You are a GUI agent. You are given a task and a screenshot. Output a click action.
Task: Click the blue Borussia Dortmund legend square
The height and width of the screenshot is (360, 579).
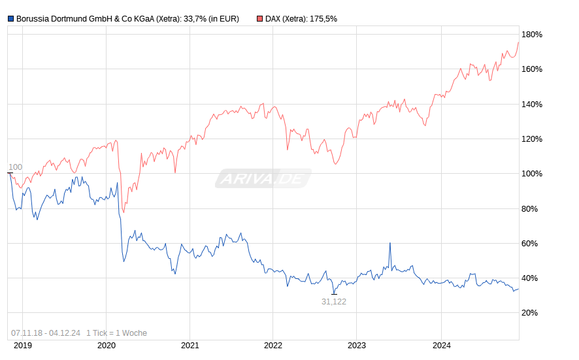pyautogui.click(x=10, y=19)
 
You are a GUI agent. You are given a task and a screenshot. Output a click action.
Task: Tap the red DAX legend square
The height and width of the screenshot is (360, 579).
pyautogui.click(x=259, y=19)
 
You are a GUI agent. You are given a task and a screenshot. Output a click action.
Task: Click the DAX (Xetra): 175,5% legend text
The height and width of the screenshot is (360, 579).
pyautogui.click(x=301, y=19)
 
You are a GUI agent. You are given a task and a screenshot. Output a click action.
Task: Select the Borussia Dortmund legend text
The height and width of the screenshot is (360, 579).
pyautogui.click(x=127, y=19)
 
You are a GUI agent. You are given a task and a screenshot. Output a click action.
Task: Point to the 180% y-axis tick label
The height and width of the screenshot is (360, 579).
pyautogui.click(x=531, y=35)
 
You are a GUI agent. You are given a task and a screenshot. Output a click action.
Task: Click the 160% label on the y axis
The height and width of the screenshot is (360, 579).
pyautogui.click(x=531, y=69)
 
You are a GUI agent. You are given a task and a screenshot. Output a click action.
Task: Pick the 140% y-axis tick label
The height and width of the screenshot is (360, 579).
pyautogui.click(x=531, y=105)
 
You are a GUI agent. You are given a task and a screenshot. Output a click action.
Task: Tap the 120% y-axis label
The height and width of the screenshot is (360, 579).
pyautogui.click(x=531, y=139)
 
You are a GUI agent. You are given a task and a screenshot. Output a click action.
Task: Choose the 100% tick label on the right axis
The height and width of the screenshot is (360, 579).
pyautogui.click(x=531, y=174)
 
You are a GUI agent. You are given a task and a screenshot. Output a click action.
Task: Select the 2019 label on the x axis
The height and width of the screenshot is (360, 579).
pyautogui.click(x=23, y=346)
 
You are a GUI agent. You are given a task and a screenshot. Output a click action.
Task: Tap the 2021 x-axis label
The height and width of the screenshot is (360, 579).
pyautogui.click(x=190, y=346)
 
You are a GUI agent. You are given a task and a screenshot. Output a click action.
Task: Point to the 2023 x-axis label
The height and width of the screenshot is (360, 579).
pyautogui.click(x=357, y=346)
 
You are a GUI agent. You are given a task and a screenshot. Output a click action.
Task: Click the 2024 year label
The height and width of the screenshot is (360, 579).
pyautogui.click(x=440, y=346)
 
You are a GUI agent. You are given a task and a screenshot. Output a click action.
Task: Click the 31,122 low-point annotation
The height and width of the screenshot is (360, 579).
pyautogui.click(x=333, y=301)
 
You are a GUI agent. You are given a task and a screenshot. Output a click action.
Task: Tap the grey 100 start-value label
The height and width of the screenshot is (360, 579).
pyautogui.click(x=15, y=167)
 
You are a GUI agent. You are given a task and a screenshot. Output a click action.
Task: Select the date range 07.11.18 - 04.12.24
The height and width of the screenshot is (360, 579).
pyautogui.click(x=46, y=333)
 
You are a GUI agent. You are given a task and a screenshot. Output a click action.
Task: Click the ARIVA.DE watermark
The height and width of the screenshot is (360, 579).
pyautogui.click(x=263, y=178)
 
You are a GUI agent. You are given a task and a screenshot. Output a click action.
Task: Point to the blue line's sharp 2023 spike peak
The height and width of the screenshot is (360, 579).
pyautogui.click(x=390, y=243)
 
